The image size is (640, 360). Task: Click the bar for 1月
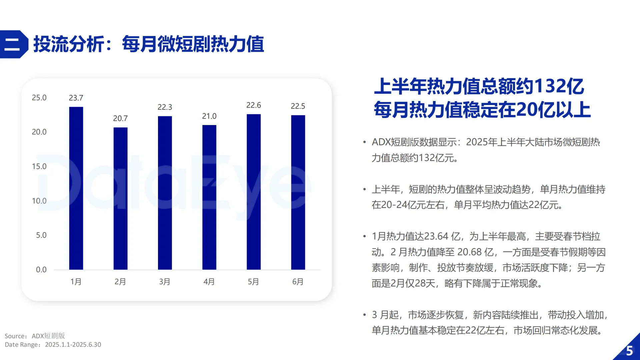point(76,188)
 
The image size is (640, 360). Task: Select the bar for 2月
point(120,198)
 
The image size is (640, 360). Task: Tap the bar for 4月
point(209,197)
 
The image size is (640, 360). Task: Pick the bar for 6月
point(298,192)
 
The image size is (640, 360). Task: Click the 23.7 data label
point(76,98)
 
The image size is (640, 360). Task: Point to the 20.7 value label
point(120,118)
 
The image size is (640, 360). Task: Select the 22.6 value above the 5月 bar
point(254,105)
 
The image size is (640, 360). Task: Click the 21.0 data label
point(209,116)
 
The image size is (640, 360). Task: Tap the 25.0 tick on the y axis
point(39,98)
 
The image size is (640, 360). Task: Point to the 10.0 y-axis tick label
point(39,201)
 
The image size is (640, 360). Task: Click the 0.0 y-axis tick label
point(41,270)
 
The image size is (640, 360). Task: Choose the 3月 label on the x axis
point(165,282)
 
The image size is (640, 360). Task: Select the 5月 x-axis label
point(253,282)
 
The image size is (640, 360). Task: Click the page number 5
point(629,351)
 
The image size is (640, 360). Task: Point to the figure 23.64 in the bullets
point(436,236)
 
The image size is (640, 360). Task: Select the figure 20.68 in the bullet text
point(469,252)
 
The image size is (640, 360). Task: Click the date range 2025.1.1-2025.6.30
point(73,345)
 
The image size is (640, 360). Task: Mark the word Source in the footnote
point(15,336)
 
